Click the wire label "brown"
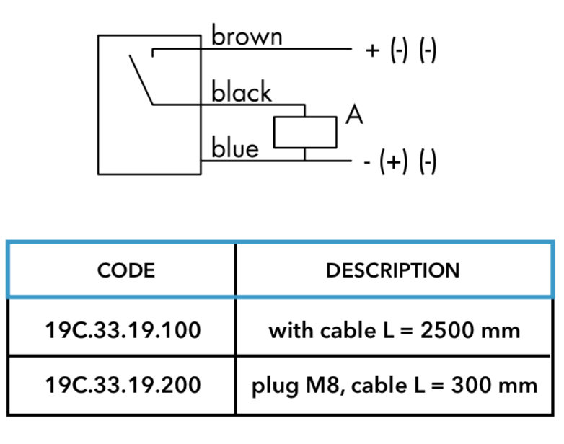pyautogui.click(x=247, y=35)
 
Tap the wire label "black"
pyautogui.click(x=242, y=92)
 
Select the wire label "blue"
pyautogui.click(x=235, y=147)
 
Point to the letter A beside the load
pyautogui.click(x=354, y=115)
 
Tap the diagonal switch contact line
pyautogui.click(x=141, y=80)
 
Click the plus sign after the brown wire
pyautogui.click(x=372, y=50)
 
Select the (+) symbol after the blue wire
pyautogui.click(x=394, y=161)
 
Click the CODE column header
pyautogui.click(x=126, y=270)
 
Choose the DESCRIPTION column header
pyautogui.click(x=393, y=270)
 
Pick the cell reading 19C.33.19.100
pyautogui.click(x=123, y=330)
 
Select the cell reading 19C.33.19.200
pyautogui.click(x=123, y=385)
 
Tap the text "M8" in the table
pyautogui.click(x=323, y=385)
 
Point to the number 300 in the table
pyautogui.click(x=470, y=385)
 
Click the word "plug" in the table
pyautogui.click(x=275, y=386)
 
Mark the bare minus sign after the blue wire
pyautogui.click(x=367, y=163)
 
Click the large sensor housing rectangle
pyautogui.click(x=98, y=105)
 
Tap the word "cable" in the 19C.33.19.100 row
pyautogui.click(x=348, y=330)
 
